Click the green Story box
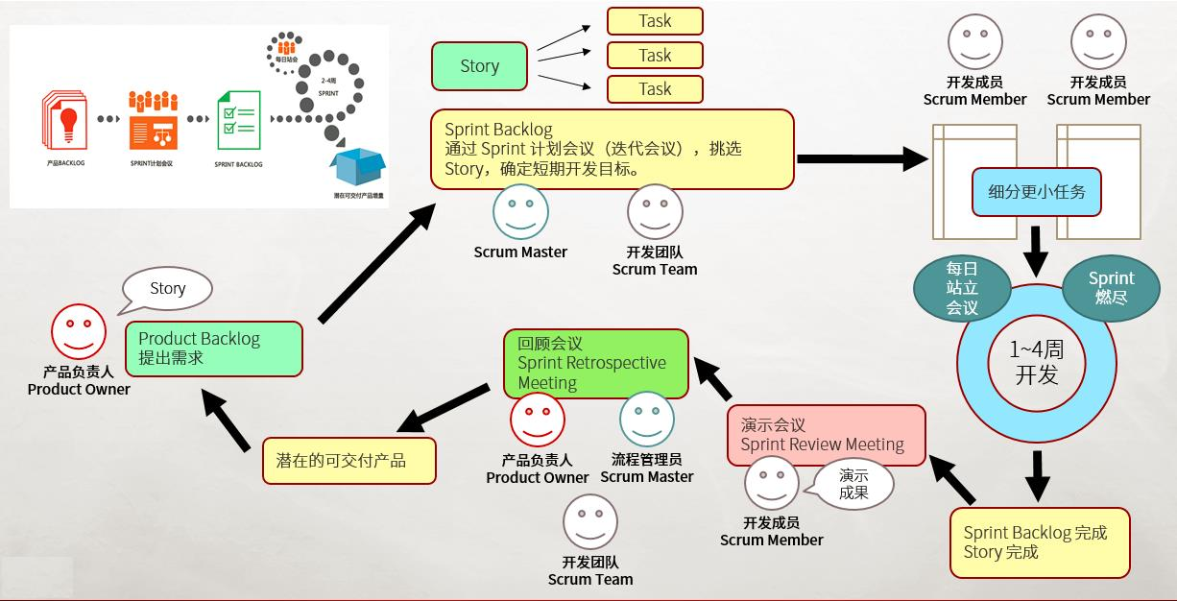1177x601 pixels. pos(479,66)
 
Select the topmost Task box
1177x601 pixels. pos(655,21)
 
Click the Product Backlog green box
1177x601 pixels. pos(213,349)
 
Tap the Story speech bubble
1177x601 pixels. pos(167,289)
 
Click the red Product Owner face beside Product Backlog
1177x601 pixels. pos(79,332)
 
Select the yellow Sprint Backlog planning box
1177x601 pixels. pos(612,149)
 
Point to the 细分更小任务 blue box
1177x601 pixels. pos(1036,192)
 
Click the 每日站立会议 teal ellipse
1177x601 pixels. pos(961,288)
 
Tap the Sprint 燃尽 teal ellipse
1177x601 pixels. pos(1111,288)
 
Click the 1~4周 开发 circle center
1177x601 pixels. pos(1036,362)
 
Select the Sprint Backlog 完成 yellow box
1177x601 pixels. pos(1040,542)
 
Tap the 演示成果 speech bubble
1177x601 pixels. pos(853,484)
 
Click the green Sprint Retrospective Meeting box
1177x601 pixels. pos(595,364)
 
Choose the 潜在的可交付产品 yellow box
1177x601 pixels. pos(348,461)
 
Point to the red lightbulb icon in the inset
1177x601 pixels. pos(66,120)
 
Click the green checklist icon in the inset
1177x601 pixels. pos(238,120)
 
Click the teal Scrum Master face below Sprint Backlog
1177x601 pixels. pos(520,212)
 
